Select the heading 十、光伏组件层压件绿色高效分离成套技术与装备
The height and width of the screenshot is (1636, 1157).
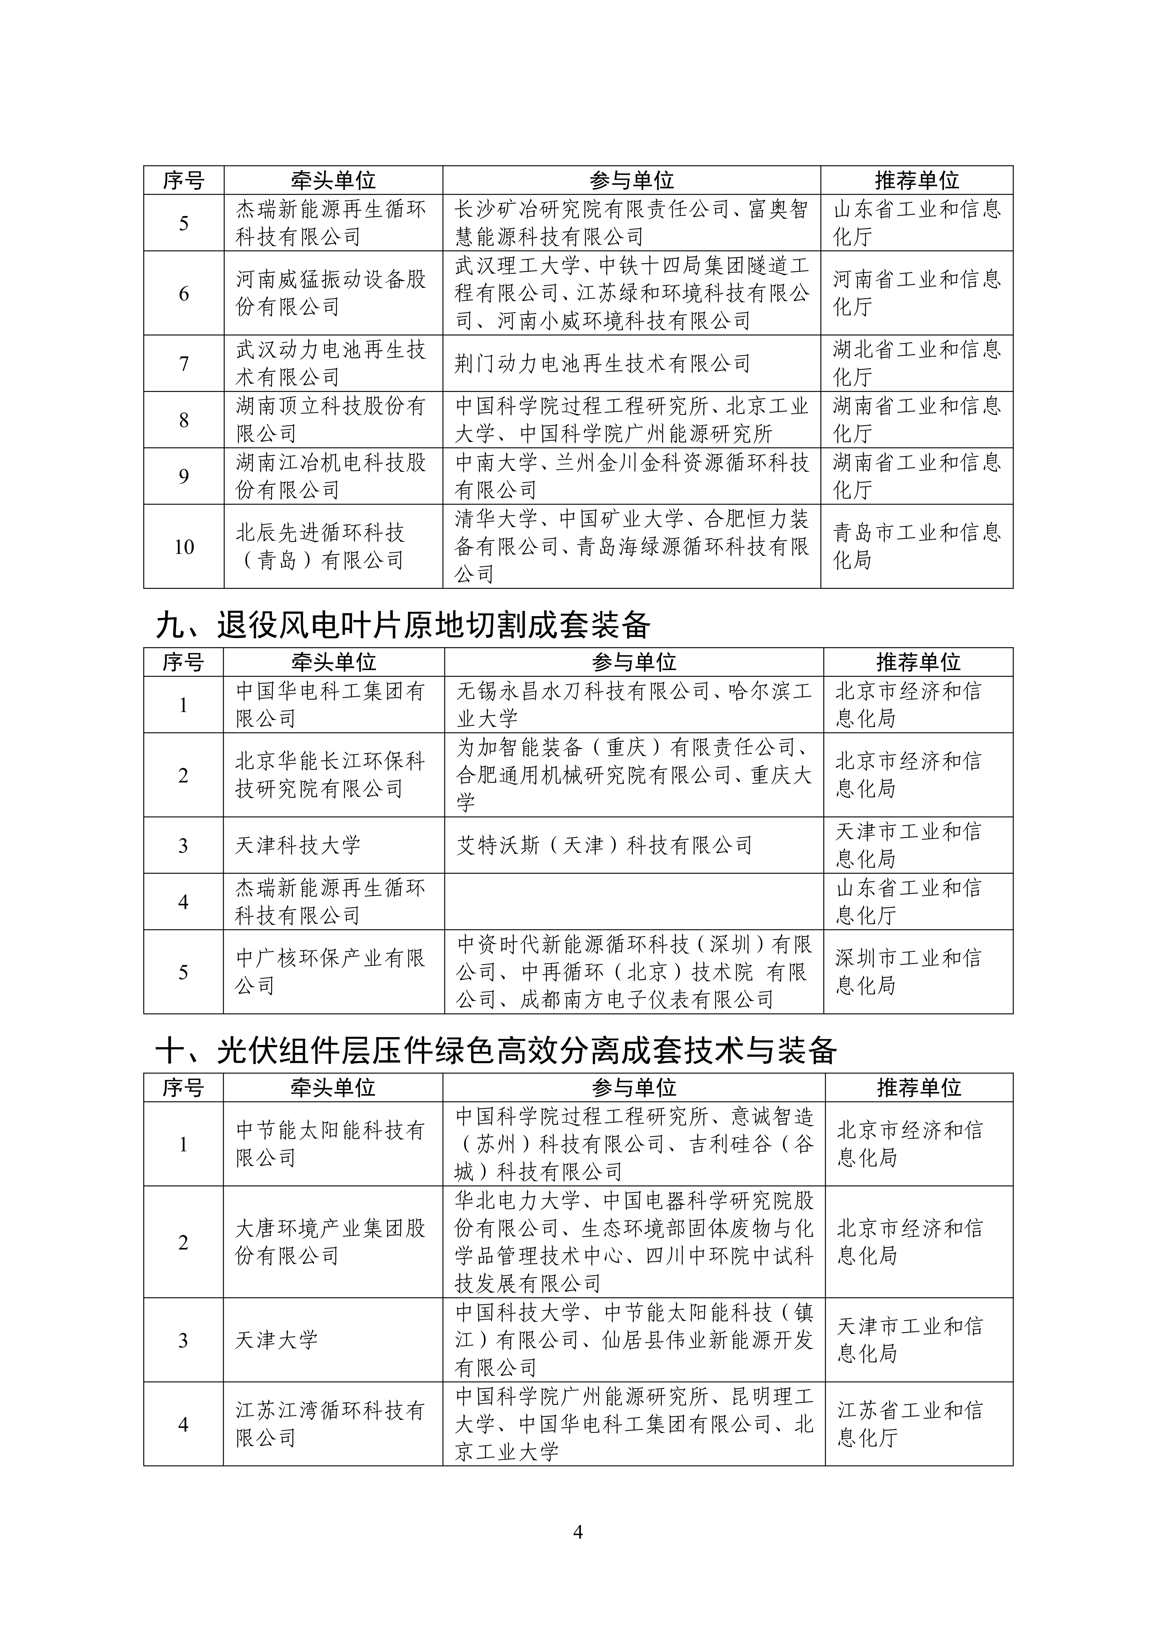point(496,1050)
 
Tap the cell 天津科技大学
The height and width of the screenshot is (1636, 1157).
point(298,845)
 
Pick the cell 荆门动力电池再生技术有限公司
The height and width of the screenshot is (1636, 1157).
point(603,363)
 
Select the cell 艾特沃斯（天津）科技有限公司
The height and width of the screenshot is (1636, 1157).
point(604,845)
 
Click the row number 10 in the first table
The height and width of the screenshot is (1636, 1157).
point(184,547)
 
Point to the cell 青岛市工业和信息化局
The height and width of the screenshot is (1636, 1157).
point(917,547)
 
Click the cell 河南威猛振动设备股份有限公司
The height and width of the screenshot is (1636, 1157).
point(331,293)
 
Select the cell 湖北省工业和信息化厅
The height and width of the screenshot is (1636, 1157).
point(917,363)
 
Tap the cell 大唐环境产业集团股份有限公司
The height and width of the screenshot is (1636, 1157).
point(331,1242)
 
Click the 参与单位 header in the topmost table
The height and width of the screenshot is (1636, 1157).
point(631,180)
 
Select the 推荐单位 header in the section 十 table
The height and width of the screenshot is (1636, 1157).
point(918,1088)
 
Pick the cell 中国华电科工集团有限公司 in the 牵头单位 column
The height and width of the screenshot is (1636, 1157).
point(331,704)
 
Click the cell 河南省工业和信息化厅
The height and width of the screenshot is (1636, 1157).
point(917,293)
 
